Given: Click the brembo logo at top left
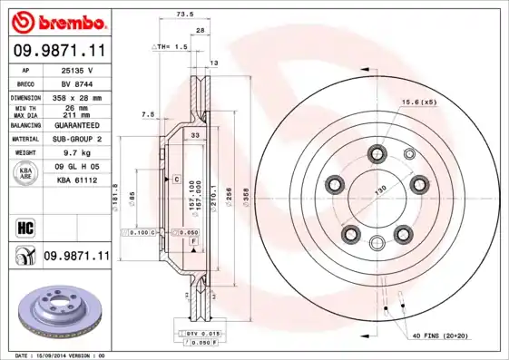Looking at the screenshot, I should pyautogui.click(x=56, y=21).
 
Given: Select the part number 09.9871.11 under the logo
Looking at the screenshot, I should pyautogui.click(x=56, y=52).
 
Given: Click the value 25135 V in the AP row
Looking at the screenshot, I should pyautogui.click(x=77, y=70).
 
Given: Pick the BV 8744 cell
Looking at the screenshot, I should pyautogui.click(x=77, y=82).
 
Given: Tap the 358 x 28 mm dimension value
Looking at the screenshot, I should pyautogui.click(x=77, y=96).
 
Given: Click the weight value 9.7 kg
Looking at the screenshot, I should pyautogui.click(x=77, y=153).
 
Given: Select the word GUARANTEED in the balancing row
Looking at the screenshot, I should pyautogui.click(x=77, y=124).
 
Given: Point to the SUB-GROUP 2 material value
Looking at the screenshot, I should pyautogui.click(x=77, y=139).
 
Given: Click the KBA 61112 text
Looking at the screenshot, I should pyautogui.click(x=77, y=182).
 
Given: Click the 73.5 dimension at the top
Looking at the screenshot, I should pyautogui.click(x=185, y=15).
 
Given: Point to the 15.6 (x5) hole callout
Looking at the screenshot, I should pyautogui.click(x=420, y=102).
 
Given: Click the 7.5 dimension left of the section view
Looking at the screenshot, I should pyautogui.click(x=148, y=114).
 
